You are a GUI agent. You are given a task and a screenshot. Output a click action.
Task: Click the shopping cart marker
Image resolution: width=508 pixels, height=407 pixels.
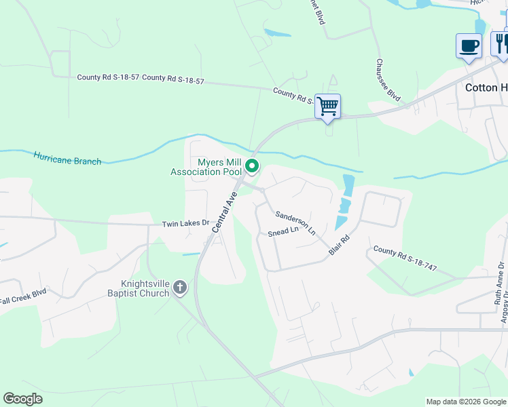point(327,106)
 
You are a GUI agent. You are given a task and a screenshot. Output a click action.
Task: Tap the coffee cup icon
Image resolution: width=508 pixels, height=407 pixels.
point(469,46)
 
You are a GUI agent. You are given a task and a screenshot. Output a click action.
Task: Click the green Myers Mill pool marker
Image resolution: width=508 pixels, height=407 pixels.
point(252,166)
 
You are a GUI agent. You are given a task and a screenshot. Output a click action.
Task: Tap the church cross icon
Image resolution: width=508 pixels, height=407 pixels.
point(180,287)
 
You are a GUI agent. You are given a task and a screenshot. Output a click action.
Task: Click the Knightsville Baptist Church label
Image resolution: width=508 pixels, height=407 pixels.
point(145,288)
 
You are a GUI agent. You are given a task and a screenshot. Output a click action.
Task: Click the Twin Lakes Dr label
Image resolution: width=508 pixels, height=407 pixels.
point(185,224)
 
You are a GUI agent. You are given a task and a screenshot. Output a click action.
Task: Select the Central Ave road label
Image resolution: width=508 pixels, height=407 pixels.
point(223,212)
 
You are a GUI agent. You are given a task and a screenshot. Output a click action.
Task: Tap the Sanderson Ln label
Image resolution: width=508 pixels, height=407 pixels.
point(295,222)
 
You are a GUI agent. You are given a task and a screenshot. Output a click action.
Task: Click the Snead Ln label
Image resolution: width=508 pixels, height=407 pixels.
point(283,231)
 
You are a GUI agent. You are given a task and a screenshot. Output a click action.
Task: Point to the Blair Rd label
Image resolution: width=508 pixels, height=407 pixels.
point(338,244)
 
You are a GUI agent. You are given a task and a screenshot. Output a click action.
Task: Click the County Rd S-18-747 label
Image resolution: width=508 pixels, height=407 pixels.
point(405,258)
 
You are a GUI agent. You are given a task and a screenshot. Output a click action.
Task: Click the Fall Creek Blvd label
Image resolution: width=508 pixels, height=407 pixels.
point(23,296)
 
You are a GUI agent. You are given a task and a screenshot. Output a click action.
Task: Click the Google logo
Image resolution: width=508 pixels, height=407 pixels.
point(23,399)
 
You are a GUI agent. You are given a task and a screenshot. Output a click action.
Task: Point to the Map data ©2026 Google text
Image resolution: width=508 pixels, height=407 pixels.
point(466,402)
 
